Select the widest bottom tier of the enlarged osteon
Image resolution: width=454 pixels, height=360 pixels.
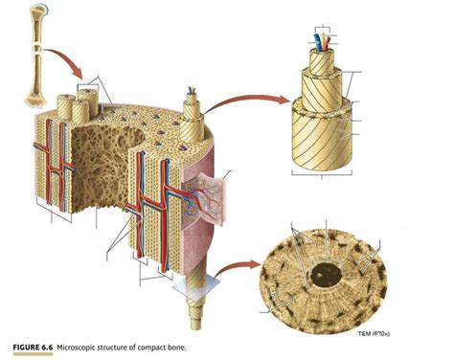(x=325, y=134)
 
